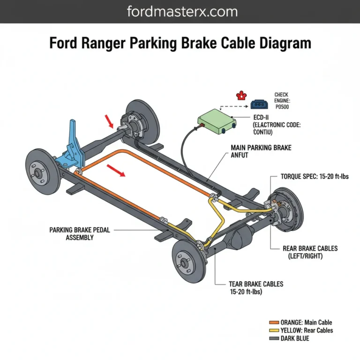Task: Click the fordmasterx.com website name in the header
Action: click(180, 11)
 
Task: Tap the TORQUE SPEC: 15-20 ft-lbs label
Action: click(315, 177)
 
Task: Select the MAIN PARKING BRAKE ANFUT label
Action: click(261, 151)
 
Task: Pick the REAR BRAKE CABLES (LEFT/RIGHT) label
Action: click(310, 252)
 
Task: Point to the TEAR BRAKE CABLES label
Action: click(256, 287)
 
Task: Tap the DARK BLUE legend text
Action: click(295, 338)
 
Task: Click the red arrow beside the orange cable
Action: click(117, 171)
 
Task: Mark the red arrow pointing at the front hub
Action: click(109, 122)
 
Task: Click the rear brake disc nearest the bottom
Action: click(190, 260)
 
